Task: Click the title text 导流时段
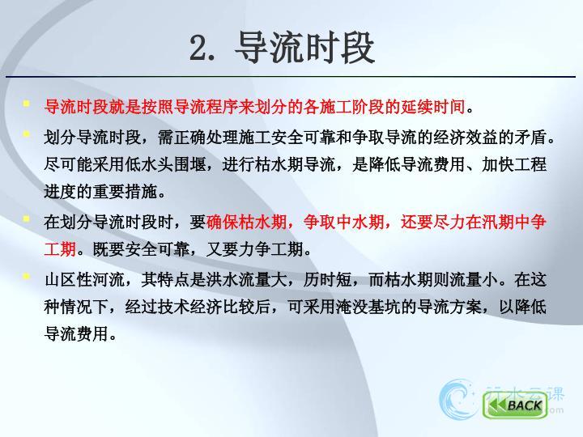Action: point(304,47)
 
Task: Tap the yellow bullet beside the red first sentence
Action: point(26,104)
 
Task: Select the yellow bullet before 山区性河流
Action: point(26,276)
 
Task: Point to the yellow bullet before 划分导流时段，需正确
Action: point(26,134)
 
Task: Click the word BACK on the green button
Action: point(525,405)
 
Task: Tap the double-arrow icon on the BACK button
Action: point(496,405)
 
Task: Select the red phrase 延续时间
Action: point(432,107)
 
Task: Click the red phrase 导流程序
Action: point(206,107)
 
